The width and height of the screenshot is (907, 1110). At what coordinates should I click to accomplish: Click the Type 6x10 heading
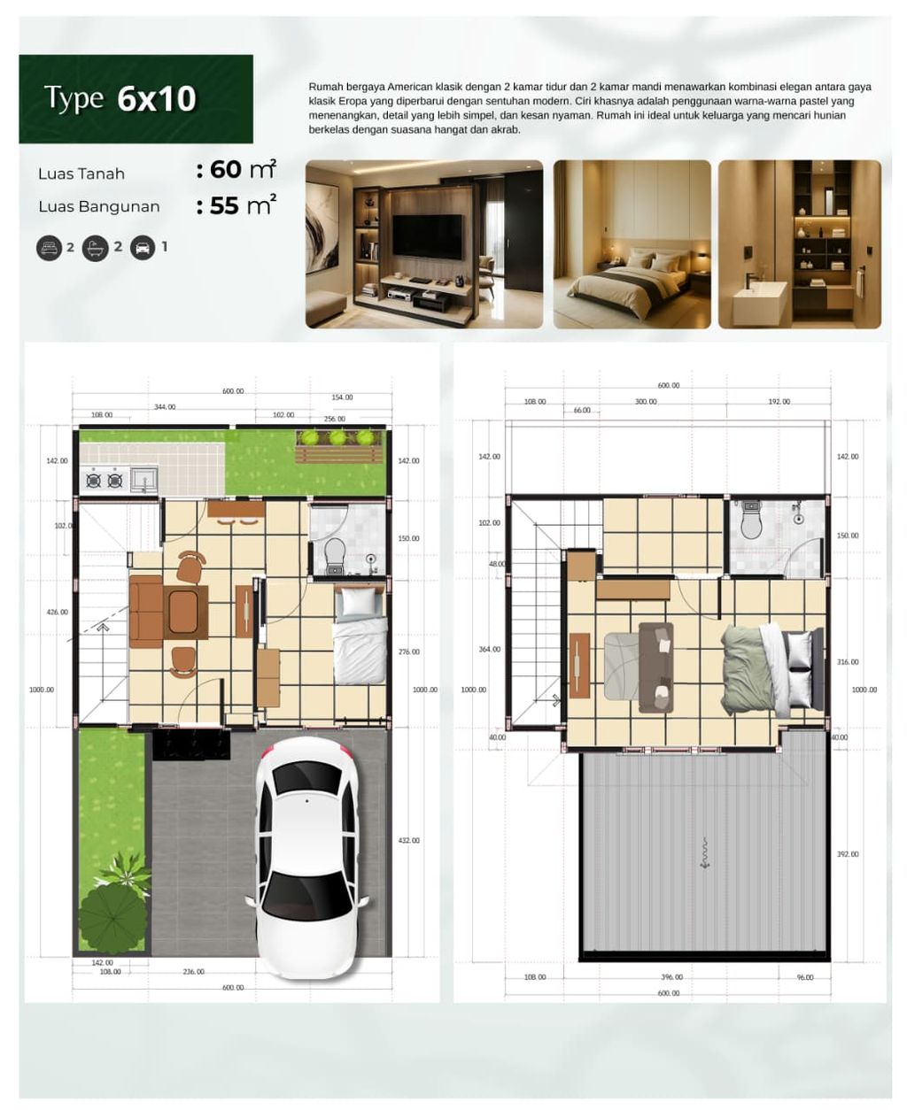tap(120, 98)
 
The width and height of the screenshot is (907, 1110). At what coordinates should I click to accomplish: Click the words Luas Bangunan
tap(98, 207)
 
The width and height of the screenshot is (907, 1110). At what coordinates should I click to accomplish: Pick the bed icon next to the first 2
tap(48, 248)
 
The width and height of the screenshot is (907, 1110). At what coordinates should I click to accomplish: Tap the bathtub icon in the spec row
tap(95, 248)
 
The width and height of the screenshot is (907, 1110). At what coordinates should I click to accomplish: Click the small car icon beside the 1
tap(142, 248)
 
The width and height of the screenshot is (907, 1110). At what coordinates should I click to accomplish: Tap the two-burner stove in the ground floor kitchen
tap(103, 481)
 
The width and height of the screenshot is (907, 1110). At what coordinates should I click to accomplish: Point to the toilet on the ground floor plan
tap(335, 554)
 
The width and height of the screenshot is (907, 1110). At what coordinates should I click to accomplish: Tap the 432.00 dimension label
tap(408, 841)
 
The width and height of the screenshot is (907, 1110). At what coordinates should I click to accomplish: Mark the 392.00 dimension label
tap(847, 854)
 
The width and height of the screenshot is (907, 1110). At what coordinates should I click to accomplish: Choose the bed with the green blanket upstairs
tap(753, 667)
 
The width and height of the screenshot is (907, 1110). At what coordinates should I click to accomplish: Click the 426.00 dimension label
tap(57, 613)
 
